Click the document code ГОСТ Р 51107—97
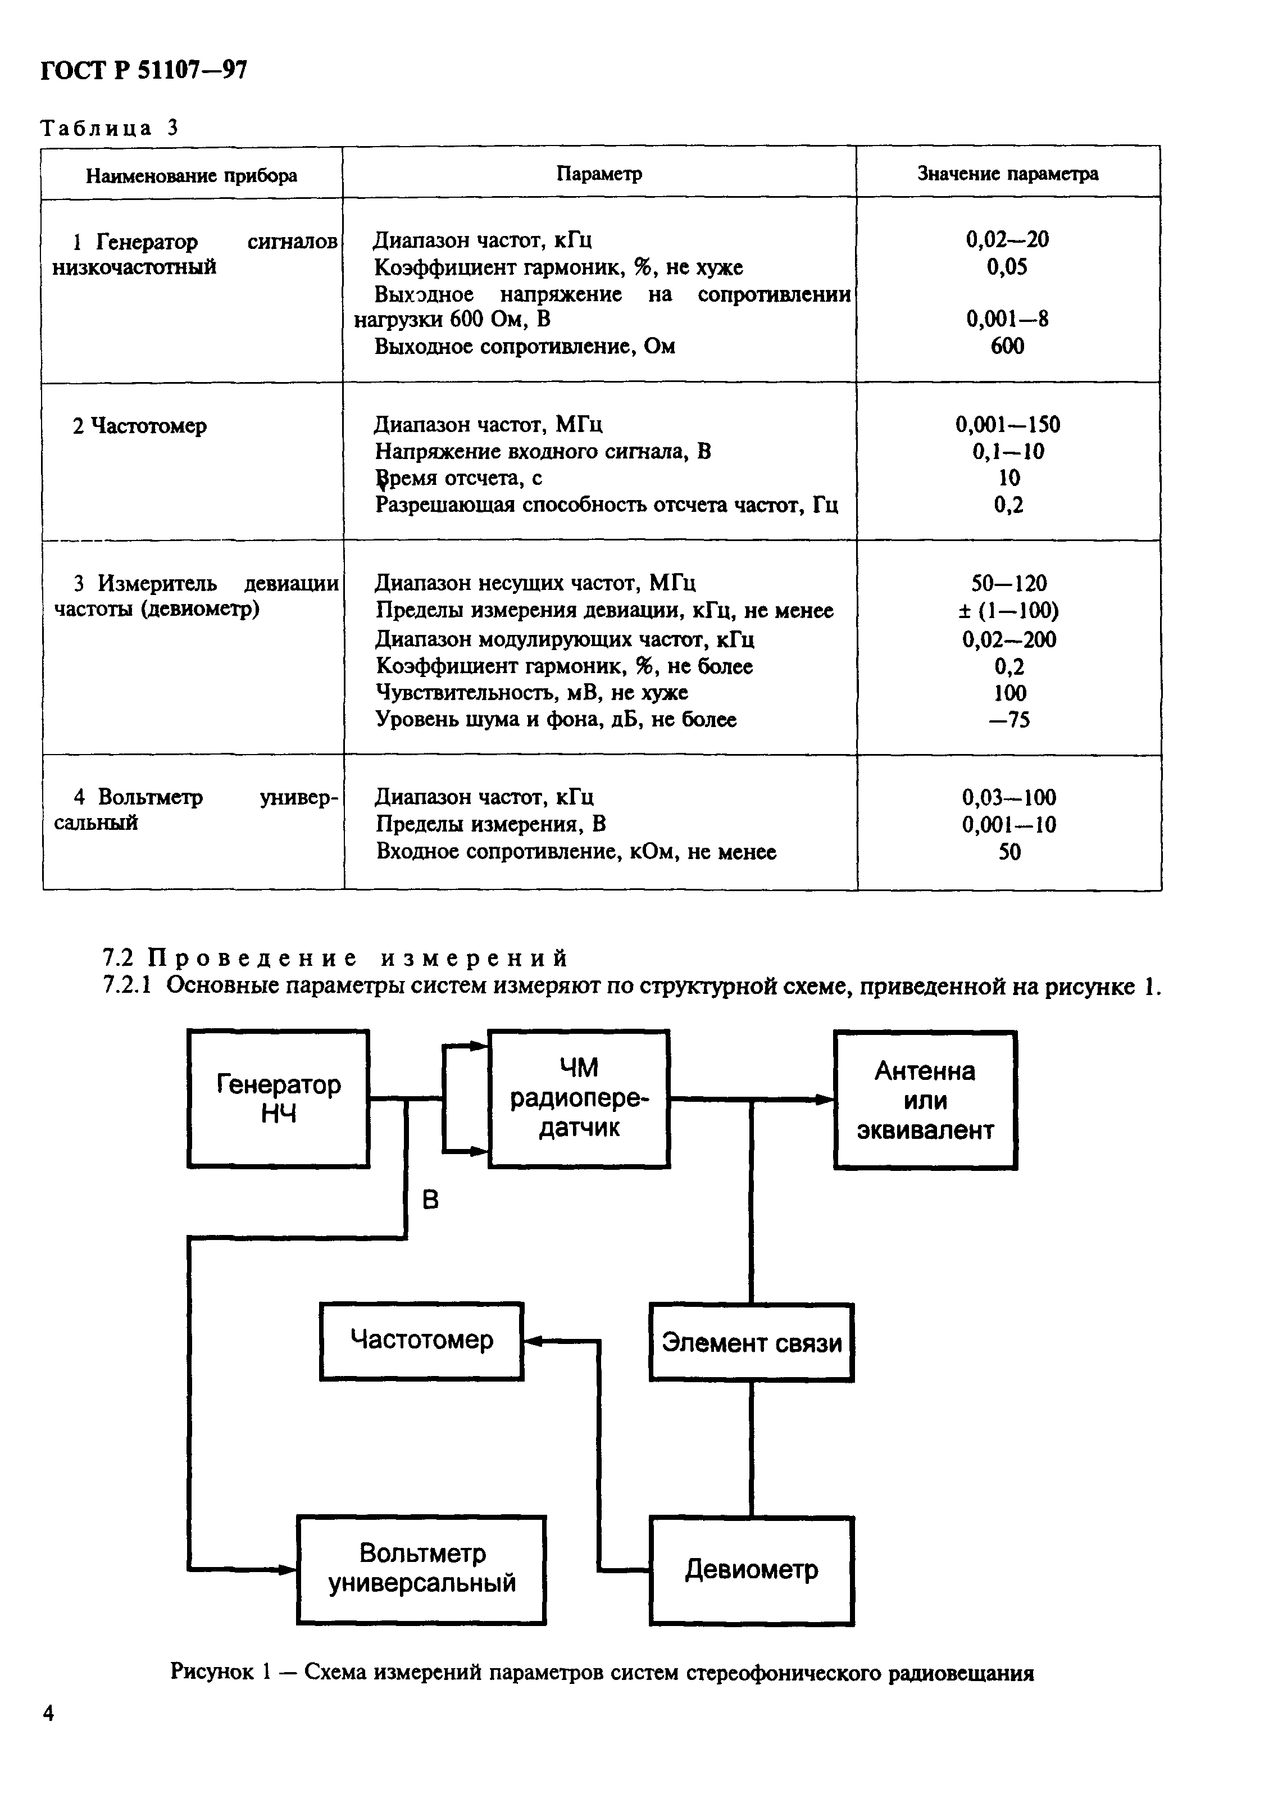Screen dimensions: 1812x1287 [x=143, y=71]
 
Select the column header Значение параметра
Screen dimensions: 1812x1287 [x=1007, y=174]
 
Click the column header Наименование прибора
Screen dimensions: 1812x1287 [x=191, y=175]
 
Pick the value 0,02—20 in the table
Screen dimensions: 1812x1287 [x=1007, y=239]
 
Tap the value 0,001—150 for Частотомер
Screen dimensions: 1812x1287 [x=1007, y=424]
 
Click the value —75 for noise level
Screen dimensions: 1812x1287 [x=1009, y=720]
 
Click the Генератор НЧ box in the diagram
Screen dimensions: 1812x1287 [x=278, y=1098]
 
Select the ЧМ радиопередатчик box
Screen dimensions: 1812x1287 [x=579, y=1098]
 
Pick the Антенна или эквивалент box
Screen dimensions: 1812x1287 [x=925, y=1100]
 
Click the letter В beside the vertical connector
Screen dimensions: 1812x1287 [x=430, y=1200]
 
